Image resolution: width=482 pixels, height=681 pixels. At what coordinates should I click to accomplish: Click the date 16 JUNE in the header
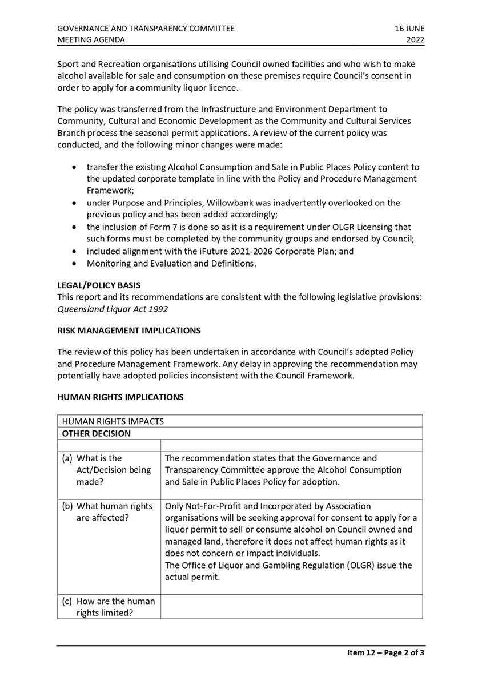[x=409, y=28]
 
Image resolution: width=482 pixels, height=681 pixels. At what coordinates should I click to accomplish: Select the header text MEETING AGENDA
[x=91, y=40]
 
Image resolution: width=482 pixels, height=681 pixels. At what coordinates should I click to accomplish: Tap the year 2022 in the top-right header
[x=415, y=40]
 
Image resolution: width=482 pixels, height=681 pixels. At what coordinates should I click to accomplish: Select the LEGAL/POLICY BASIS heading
[x=99, y=285]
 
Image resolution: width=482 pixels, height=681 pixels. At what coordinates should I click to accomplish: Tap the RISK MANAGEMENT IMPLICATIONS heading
[x=128, y=330]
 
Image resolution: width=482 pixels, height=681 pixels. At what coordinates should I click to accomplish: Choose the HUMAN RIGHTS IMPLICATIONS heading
[x=120, y=397]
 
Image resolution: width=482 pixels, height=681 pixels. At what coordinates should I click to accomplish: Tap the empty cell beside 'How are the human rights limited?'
[x=291, y=606]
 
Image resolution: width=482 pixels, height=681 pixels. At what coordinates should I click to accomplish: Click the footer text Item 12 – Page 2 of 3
[x=385, y=652]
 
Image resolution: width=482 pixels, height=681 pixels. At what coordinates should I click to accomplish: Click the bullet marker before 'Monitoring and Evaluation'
[x=74, y=264]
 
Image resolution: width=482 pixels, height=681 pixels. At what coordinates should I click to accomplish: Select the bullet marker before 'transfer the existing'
[x=74, y=167]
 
